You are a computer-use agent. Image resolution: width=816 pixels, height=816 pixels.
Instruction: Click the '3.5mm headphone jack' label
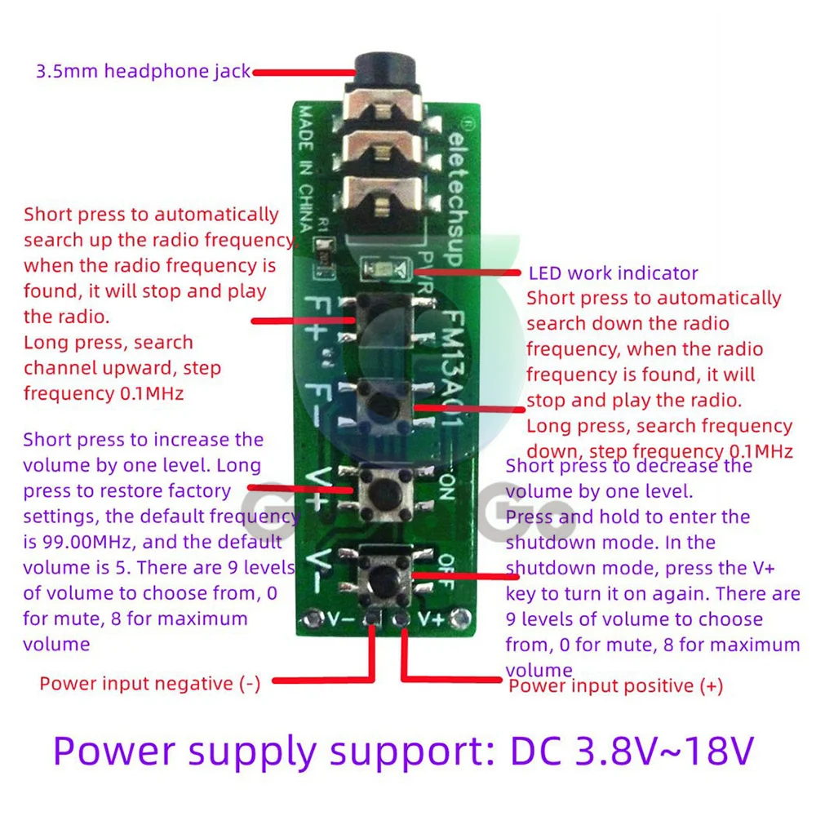(x=143, y=71)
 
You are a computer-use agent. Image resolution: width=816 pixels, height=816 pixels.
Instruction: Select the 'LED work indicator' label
(x=614, y=273)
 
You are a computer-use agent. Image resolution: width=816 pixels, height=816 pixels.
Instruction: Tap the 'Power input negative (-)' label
(x=150, y=683)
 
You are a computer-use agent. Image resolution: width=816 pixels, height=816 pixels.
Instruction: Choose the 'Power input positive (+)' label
(x=616, y=686)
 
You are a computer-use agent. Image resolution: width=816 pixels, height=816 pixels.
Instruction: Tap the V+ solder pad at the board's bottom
(x=401, y=619)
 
